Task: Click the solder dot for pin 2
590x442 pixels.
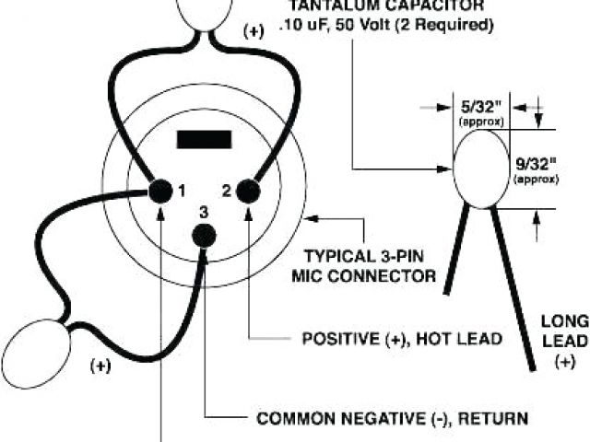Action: coord(249,191)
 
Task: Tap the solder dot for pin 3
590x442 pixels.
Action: coord(203,235)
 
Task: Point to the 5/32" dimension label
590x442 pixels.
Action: coord(478,108)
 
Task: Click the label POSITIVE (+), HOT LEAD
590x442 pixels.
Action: coord(402,339)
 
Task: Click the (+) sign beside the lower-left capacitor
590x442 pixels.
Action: coord(100,366)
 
